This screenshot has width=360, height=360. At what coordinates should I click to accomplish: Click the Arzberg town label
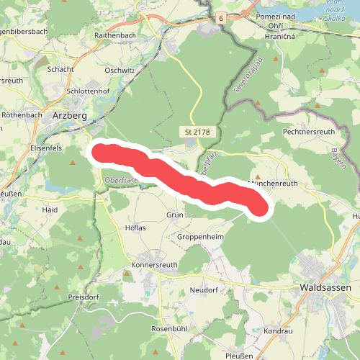(71, 114)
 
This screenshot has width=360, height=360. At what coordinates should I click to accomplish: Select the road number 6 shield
(220, 17)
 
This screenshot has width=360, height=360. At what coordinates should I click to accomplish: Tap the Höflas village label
(135, 229)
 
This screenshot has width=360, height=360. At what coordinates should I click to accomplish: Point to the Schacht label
(60, 69)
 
